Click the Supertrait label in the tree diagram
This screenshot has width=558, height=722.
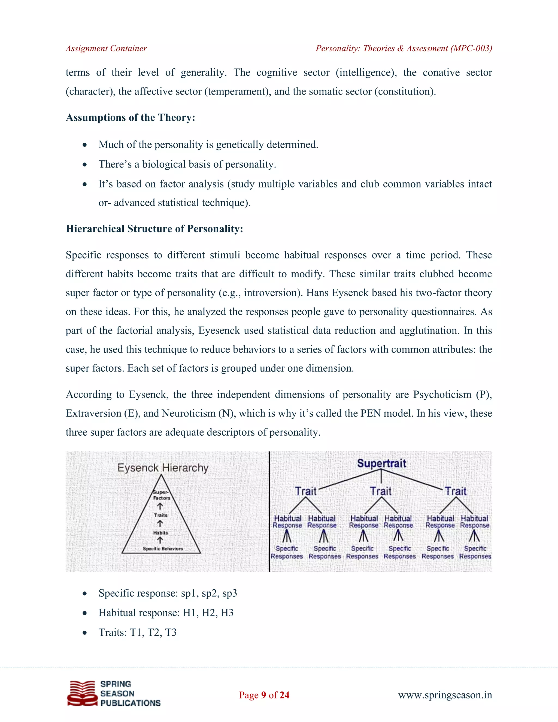click(x=381, y=463)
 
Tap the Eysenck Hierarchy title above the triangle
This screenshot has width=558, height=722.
click(x=163, y=468)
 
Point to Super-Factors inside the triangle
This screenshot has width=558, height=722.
click(x=161, y=495)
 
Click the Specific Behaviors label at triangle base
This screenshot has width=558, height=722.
click(x=163, y=548)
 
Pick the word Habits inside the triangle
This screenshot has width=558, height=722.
click(x=160, y=533)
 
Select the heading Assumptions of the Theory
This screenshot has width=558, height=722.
click(x=130, y=118)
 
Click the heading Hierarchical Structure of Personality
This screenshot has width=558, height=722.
click(x=154, y=229)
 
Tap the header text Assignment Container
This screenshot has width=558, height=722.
click(x=106, y=48)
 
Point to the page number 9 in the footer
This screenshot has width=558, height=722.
click(x=263, y=695)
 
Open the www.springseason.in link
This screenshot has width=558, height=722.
click(x=445, y=695)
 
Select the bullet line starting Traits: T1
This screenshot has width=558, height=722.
click(x=137, y=632)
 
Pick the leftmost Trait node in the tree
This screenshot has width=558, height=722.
click(x=306, y=491)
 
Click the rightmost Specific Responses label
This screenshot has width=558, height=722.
click(x=475, y=553)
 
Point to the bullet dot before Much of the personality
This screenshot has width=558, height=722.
click(x=85, y=145)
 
